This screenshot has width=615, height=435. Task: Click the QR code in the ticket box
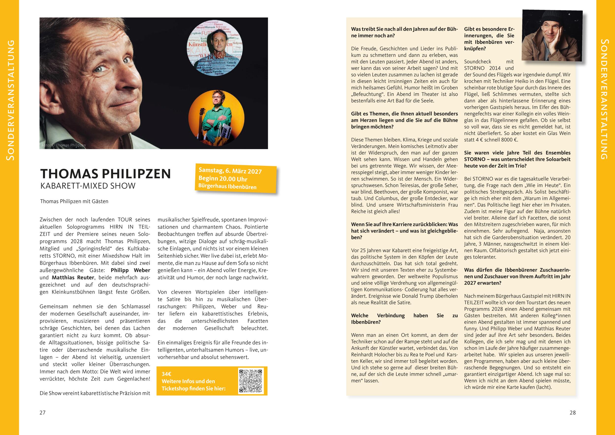tap(251, 381)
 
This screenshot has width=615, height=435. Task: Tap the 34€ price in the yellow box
tap(167, 374)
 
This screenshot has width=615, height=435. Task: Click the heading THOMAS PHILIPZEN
tap(105, 174)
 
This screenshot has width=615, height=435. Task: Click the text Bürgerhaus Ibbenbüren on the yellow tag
tap(227, 187)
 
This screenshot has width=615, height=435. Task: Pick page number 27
tap(43, 413)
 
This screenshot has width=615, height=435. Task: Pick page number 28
tap(572, 413)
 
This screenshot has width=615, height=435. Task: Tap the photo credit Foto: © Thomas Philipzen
tap(64, 145)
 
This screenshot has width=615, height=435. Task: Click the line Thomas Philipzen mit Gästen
tap(74, 201)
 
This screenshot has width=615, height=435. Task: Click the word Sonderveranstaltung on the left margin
tap(10, 100)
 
